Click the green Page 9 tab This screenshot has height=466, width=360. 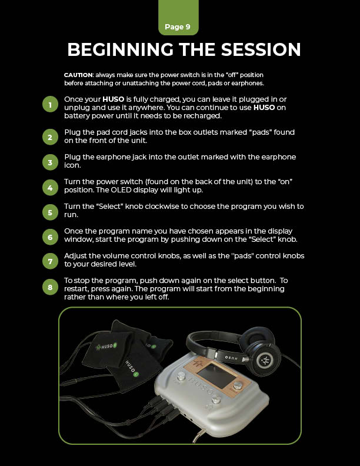tap(178, 18)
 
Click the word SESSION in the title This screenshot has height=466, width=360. tap(261, 49)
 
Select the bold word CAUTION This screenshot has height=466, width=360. tap(78, 75)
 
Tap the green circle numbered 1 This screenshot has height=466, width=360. tap(50, 104)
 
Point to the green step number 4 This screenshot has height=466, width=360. tap(50, 188)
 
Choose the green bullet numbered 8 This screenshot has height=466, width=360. tap(50, 287)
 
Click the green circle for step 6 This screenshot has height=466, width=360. tap(50, 237)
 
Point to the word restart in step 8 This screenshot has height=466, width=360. tap(76, 289)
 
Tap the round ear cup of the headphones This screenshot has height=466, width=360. tap(264, 360)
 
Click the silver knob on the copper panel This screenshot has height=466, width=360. tap(238, 386)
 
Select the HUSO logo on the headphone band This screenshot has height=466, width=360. tap(231, 357)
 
